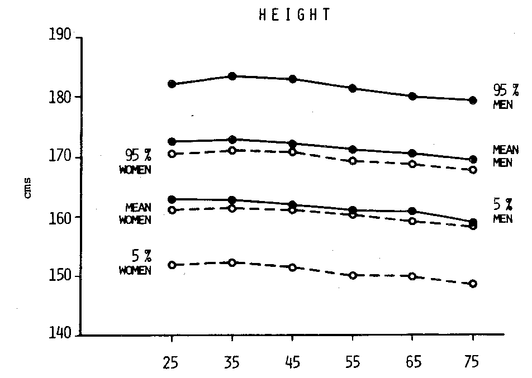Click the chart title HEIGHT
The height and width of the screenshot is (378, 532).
point(294,15)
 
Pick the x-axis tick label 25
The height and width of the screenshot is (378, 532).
point(172,363)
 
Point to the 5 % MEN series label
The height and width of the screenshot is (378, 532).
point(502,211)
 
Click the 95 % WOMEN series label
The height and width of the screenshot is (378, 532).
point(135,161)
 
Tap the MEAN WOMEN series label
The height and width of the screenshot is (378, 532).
point(135,214)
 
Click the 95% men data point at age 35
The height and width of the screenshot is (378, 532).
point(232,76)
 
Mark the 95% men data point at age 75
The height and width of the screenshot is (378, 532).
point(473,101)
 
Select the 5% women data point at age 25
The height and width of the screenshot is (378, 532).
point(172,265)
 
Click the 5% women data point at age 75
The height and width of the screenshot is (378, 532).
point(473,284)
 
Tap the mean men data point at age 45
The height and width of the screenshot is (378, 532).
point(292,143)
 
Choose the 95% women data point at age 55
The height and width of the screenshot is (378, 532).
point(353,161)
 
